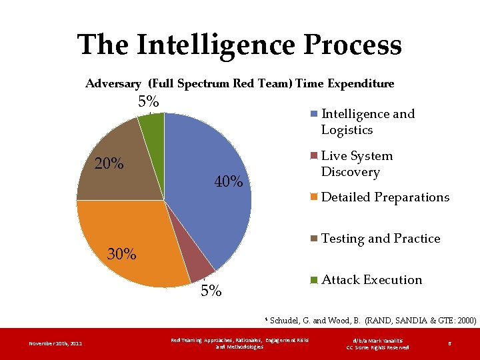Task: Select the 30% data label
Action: click(122, 254)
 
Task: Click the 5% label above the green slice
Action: click(148, 102)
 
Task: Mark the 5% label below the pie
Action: click(211, 291)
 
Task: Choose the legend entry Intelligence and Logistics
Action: click(367, 122)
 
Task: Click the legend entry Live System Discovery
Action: click(357, 164)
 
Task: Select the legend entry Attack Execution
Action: click(371, 280)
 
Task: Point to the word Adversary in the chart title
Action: click(113, 84)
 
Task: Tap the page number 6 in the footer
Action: click(450, 344)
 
